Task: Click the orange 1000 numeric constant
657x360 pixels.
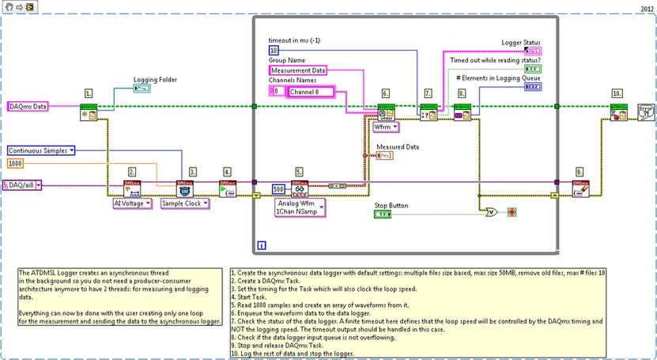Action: [17, 163]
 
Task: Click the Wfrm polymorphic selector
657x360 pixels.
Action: [386, 127]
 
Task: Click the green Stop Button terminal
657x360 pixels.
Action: [383, 214]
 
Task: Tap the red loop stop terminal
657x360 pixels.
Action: [512, 212]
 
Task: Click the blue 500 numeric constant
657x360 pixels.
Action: [278, 188]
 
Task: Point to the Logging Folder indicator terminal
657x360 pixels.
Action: [144, 90]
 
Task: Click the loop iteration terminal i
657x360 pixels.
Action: [262, 246]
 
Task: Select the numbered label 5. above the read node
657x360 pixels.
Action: [298, 171]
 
